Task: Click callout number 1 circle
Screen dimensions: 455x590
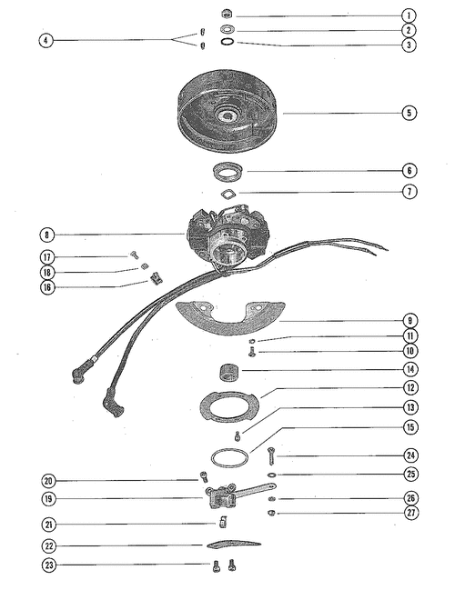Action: coord(409,15)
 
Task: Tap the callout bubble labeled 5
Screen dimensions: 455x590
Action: coord(409,113)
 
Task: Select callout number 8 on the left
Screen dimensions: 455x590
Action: coord(46,235)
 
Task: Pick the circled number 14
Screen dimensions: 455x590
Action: coord(410,369)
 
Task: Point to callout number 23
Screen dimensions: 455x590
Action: coord(49,565)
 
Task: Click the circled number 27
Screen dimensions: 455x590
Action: coord(411,513)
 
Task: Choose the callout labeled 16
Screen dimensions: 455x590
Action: coord(47,287)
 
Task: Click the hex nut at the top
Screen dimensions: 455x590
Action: coord(227,15)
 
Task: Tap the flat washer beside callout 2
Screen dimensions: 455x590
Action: coord(227,29)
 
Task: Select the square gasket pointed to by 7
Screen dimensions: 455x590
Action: coord(228,194)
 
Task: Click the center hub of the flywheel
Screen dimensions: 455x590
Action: coord(227,115)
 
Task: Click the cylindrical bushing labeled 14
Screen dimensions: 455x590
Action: coord(229,372)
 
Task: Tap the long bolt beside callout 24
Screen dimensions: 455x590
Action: coord(271,456)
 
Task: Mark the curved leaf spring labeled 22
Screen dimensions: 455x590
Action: coord(234,544)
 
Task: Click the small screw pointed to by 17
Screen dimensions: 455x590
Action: coord(134,255)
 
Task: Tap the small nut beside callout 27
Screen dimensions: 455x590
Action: coord(271,513)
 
